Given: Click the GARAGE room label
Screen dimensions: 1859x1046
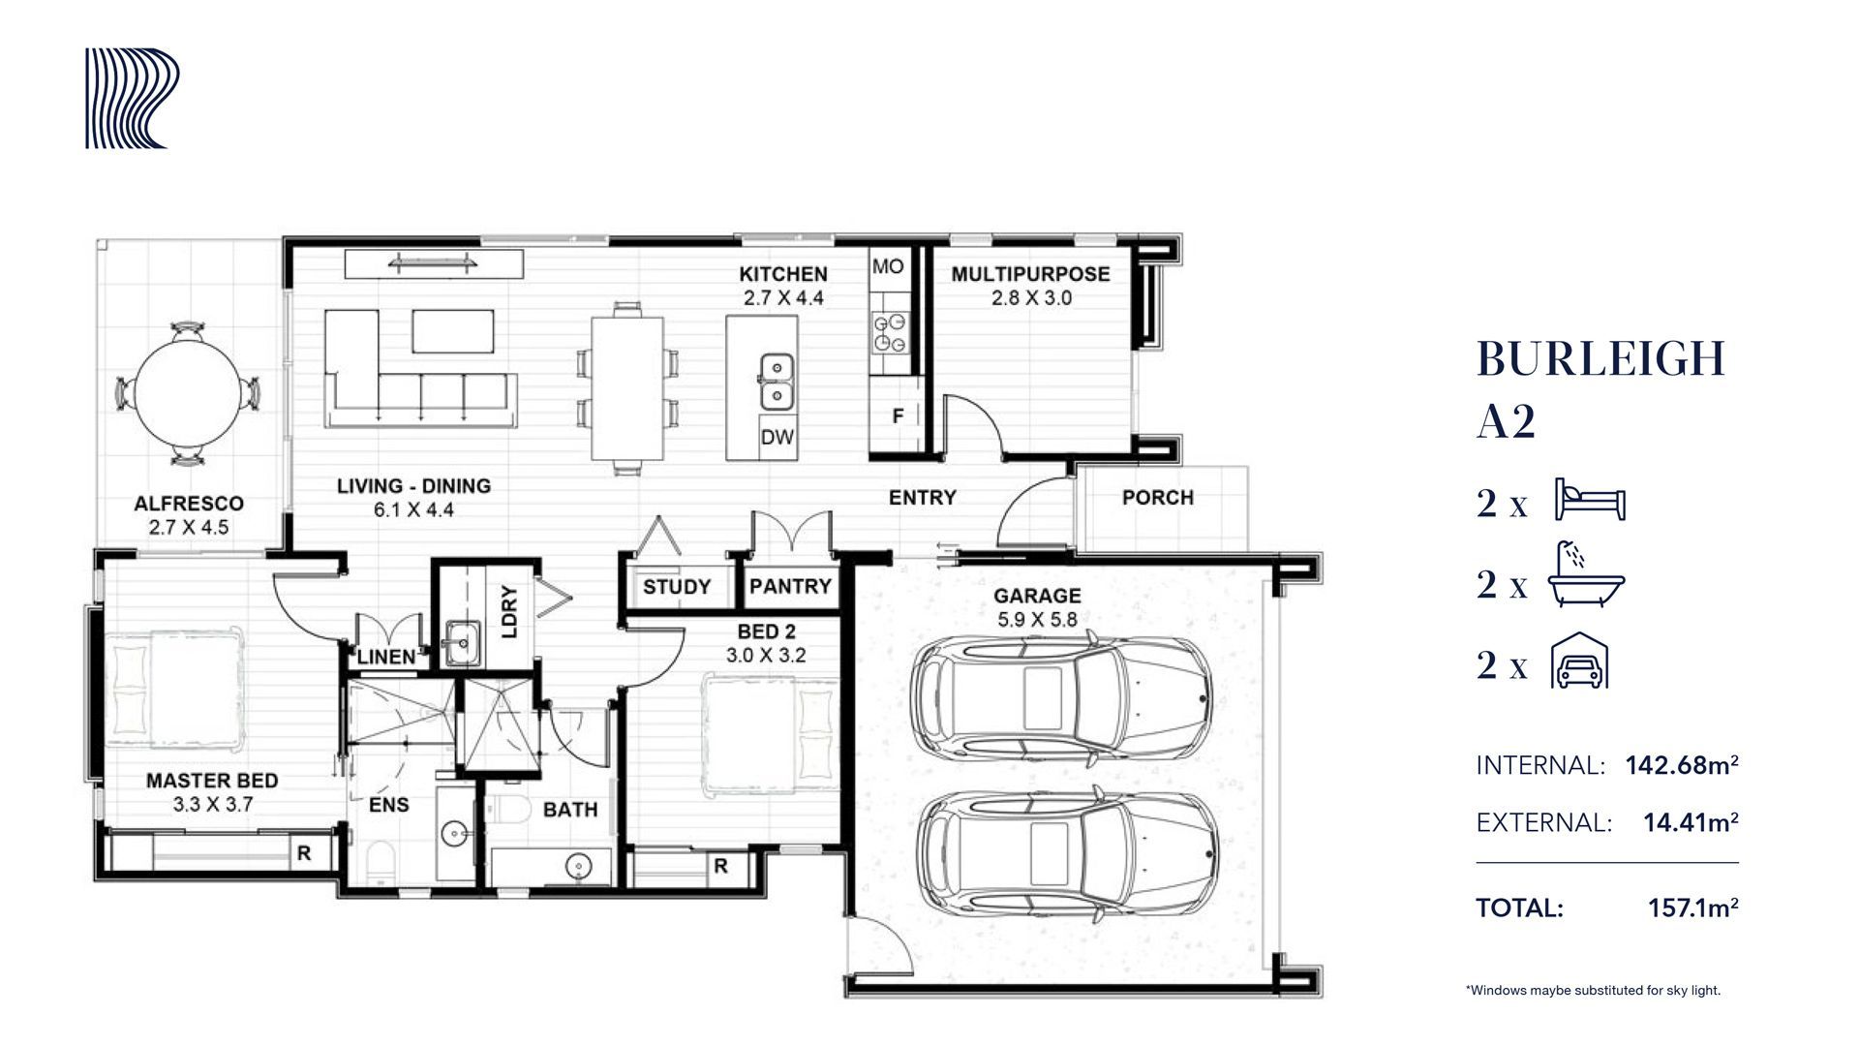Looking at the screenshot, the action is tap(1037, 596).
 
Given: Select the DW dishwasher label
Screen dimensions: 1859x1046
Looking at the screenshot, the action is tap(777, 438).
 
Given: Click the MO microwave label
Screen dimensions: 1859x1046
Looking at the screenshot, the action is tap(888, 266).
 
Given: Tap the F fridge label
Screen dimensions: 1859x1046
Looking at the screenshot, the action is tap(898, 416).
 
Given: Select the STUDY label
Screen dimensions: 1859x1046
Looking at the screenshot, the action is tap(677, 587).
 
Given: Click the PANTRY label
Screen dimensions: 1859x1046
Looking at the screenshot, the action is tap(790, 586).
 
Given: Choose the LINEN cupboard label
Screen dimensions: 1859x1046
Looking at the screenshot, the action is tap(386, 657).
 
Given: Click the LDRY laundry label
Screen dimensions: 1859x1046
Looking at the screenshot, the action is tap(510, 612).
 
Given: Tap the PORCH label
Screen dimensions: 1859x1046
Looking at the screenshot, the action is tap(1158, 498).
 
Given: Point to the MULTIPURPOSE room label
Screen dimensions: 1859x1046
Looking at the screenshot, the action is tap(1030, 274).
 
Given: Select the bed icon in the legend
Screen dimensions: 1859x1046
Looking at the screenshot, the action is tap(1589, 500).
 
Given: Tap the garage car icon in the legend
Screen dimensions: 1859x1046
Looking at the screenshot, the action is tap(1580, 661).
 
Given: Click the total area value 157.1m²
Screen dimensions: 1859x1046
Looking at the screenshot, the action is tap(1693, 908).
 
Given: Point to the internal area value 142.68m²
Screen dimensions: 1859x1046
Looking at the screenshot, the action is tap(1682, 765).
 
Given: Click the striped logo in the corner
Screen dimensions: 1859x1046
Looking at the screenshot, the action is tap(132, 99).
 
